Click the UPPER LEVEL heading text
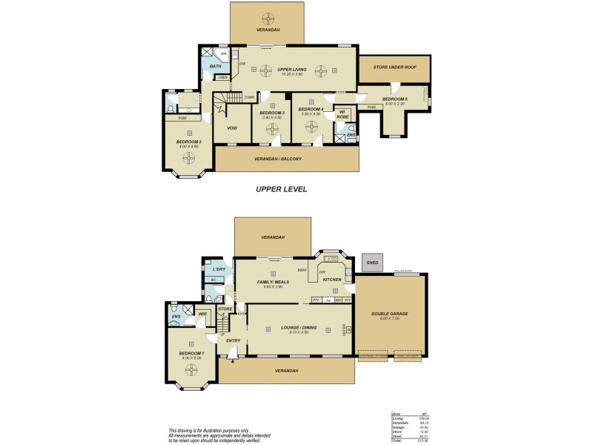point(281,189)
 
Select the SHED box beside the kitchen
point(372,263)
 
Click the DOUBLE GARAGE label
point(389,314)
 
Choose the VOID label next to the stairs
point(232,128)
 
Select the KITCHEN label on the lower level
point(331,280)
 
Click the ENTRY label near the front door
point(233,341)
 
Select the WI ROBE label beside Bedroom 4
point(342,115)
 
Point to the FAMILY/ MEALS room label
point(271,283)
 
